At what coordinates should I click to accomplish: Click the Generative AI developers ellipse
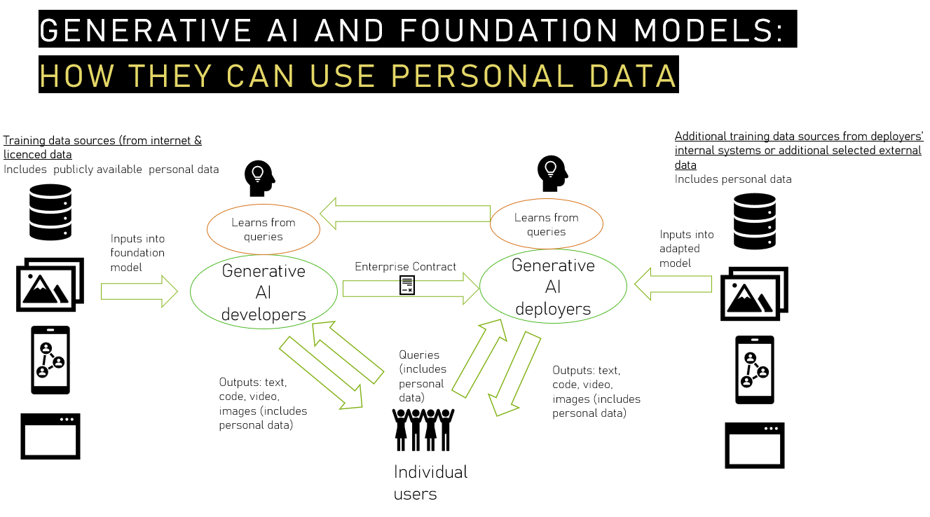point(264,292)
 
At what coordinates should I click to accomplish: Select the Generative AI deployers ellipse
point(553,287)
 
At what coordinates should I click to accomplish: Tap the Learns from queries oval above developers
point(264,229)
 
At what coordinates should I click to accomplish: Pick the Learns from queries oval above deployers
point(546,224)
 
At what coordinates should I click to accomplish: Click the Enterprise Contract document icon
point(407,285)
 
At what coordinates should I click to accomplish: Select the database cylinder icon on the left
point(50,212)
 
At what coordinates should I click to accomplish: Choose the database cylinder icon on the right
point(754,221)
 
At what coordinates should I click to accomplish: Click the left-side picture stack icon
point(50,284)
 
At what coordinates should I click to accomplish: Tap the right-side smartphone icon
point(754,370)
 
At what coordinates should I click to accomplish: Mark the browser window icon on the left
point(50,436)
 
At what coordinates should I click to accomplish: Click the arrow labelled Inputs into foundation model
point(139,291)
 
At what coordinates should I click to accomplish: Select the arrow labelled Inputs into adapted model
point(673,284)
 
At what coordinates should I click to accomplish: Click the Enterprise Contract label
point(405,267)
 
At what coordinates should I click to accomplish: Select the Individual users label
point(430,483)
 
